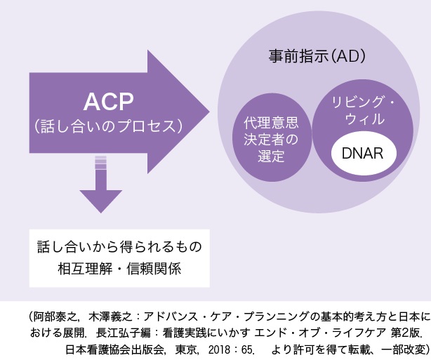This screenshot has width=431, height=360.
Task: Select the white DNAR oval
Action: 363,154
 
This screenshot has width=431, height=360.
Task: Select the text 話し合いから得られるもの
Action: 119,248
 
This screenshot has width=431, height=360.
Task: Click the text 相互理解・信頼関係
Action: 119,269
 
